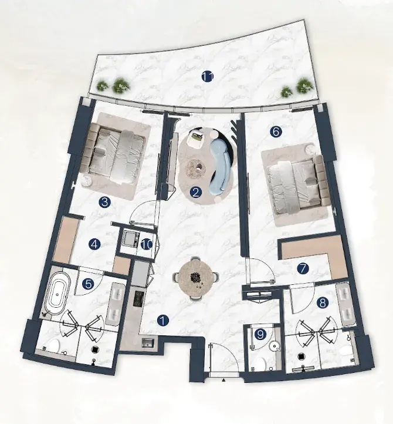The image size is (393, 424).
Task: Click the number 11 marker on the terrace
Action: coord(208,77)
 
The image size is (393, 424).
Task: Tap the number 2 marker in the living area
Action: coord(196,193)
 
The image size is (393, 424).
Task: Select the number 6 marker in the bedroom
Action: coord(276,132)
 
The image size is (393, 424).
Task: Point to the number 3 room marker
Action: coord(104,202)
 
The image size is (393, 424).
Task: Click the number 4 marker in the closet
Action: coord(94,244)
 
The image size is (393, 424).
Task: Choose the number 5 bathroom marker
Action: coord(89,284)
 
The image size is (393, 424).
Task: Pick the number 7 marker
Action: coord(303,268)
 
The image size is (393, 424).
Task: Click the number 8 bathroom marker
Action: coord(323,303)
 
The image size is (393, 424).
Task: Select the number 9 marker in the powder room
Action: coord(260,335)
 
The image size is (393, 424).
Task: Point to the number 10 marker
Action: coord(147,245)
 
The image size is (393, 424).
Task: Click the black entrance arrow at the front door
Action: coord(224,380)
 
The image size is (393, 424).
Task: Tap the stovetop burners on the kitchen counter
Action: coord(138,298)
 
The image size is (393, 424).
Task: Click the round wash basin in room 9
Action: coord(275,346)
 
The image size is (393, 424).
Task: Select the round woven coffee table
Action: coord(196,169)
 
